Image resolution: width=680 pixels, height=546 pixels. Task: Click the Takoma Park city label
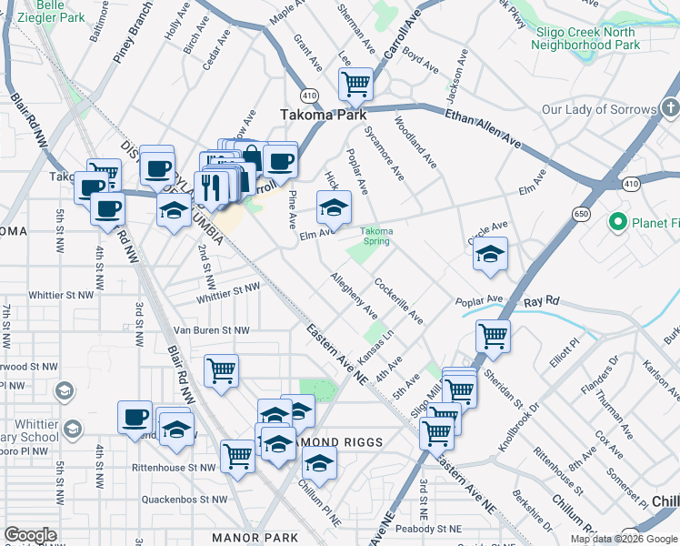pos(323,115)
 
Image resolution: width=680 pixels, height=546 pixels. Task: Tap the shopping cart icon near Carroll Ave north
pos(355,84)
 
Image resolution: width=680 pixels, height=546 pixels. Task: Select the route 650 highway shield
pos(582,214)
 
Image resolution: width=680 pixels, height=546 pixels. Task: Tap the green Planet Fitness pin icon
pos(619,221)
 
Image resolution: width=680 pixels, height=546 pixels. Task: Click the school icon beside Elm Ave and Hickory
pos(334,207)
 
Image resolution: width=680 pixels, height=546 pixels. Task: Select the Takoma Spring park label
pos(376,236)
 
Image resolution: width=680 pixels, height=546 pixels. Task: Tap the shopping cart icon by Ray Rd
pos(493,336)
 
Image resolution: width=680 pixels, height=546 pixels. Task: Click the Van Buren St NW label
pos(211,329)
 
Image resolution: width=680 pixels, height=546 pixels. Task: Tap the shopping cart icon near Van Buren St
pos(222,370)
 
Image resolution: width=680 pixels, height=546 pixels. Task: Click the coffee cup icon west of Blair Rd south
pos(135,417)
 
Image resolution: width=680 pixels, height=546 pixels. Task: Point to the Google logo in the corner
pos(30,535)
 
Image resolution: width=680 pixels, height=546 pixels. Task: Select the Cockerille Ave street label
pos(398,300)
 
